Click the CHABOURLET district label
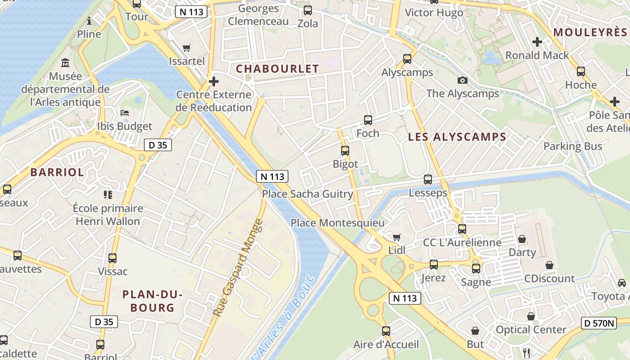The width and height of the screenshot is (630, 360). [277, 69]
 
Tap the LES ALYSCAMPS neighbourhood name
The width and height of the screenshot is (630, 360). [457, 137]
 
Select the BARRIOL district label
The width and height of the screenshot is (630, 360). [57, 172]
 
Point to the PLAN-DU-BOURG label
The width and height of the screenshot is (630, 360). [152, 301]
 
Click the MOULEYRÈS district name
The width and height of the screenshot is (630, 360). [589, 32]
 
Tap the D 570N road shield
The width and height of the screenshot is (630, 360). [598, 323]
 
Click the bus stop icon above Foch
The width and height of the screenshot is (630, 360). [368, 120]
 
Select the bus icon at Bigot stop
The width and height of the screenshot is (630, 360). [345, 151]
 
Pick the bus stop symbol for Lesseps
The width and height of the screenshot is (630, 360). [427, 180]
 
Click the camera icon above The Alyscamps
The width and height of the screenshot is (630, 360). [462, 81]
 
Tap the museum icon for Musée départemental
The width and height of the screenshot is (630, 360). [65, 63]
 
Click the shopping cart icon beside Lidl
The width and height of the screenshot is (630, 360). [396, 237]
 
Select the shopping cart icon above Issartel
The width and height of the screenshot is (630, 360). [187, 48]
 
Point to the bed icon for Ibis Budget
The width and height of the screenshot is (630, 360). [125, 113]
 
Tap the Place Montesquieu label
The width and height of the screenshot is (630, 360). [337, 223]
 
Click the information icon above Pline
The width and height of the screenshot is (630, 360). [89, 21]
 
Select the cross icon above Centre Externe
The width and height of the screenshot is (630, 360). [214, 81]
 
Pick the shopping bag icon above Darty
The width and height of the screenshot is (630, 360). [522, 238]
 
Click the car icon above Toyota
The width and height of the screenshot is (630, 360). [621, 283]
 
